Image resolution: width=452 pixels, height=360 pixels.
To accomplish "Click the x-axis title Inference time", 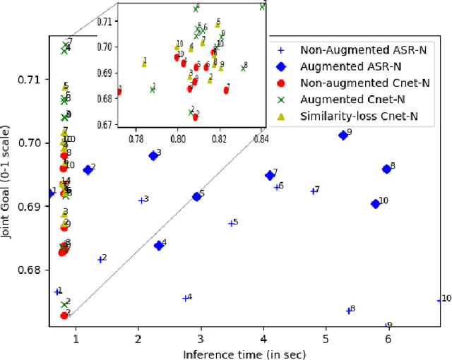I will pos(244,353).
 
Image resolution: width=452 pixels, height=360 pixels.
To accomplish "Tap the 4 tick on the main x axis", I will pos(263,340).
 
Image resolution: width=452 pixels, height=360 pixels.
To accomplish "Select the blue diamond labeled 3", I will pos(153,156).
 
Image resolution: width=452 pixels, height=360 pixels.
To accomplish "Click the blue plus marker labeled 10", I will pos(439,300).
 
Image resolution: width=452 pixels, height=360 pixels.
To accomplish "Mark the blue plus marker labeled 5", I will pos(231,223).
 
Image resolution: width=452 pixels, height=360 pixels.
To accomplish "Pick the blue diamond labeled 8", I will pos(386,169).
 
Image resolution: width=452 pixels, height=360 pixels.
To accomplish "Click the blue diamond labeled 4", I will pos(159,246).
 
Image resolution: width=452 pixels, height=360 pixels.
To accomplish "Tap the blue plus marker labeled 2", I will pos(100,260).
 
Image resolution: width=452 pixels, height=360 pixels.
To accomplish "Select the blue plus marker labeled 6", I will pos(277,187).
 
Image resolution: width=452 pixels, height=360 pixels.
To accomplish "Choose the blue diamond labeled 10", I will pos(375,203).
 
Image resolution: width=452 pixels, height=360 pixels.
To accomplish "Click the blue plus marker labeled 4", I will pos(185,298).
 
